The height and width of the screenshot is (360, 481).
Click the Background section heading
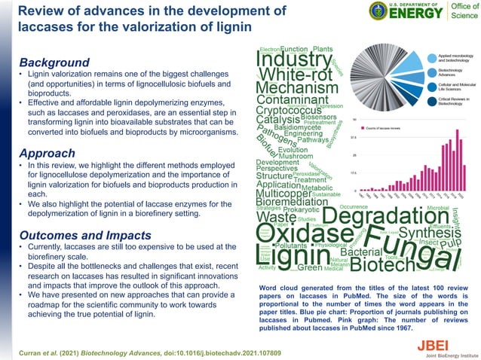point(54,62)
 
